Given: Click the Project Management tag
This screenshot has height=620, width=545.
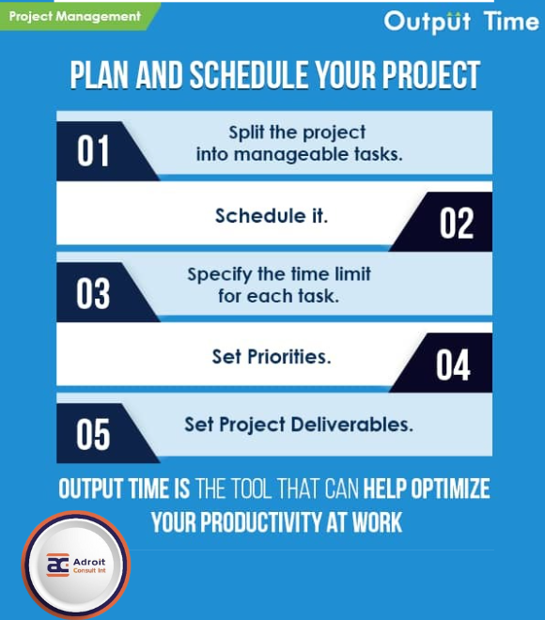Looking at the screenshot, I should (x=74, y=16).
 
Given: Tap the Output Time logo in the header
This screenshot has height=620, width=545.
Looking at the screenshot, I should (x=460, y=22).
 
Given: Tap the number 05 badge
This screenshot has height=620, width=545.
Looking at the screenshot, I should (x=93, y=435).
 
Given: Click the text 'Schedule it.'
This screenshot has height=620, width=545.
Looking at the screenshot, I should (x=272, y=215).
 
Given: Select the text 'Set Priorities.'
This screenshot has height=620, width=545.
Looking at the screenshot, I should (x=272, y=357).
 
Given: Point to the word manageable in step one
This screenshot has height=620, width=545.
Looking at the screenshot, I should (x=284, y=155).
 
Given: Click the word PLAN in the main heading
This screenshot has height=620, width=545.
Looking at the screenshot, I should (x=101, y=75).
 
